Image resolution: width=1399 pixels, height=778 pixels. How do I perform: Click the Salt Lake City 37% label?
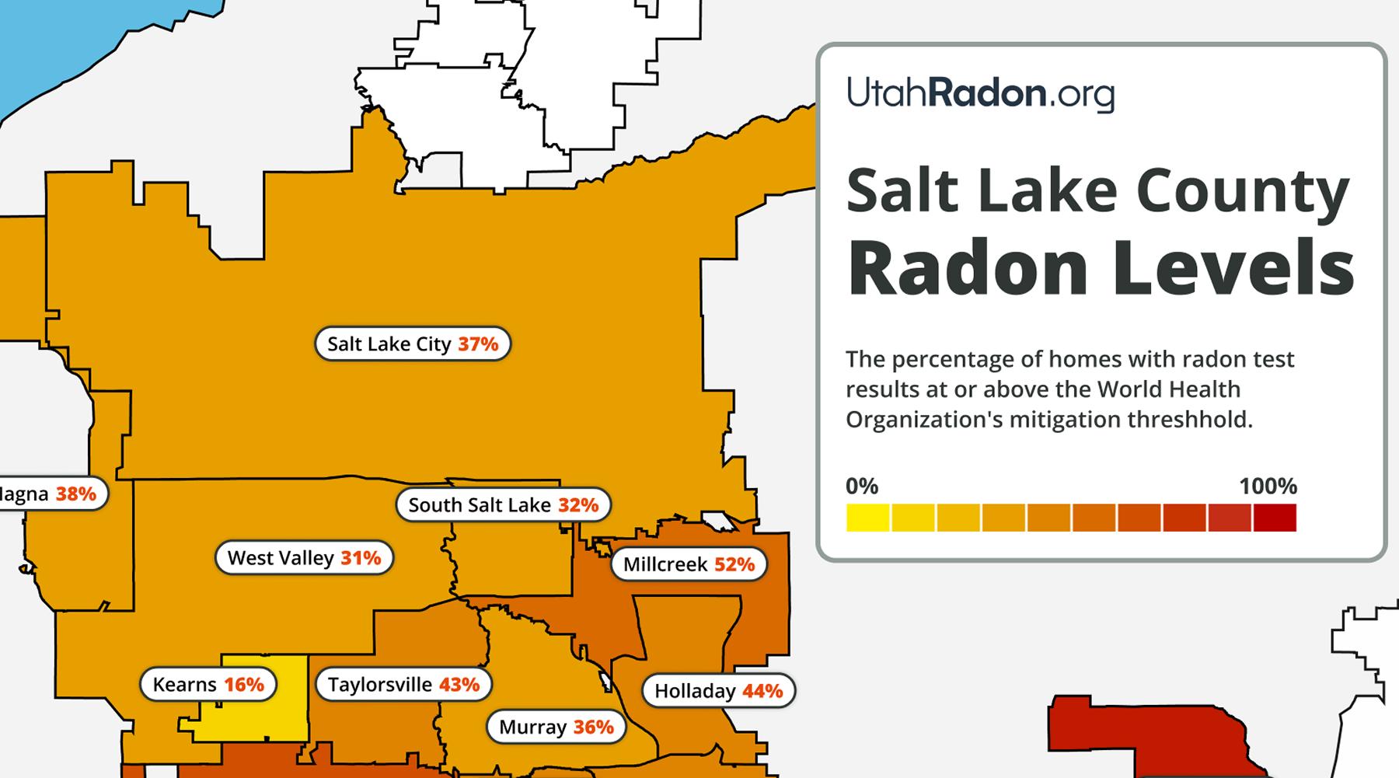[412, 344]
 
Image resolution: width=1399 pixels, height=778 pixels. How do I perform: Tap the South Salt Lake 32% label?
[503, 505]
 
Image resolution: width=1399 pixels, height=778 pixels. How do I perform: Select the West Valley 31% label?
[304, 558]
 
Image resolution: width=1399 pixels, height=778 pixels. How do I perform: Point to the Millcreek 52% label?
[689, 564]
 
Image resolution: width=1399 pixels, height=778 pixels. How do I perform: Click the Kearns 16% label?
[208, 685]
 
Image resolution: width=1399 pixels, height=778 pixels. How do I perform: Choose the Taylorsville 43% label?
[403, 685]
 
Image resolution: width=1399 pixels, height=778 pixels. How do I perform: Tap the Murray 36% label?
[556, 727]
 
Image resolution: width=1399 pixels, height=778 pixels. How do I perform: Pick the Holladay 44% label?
[718, 691]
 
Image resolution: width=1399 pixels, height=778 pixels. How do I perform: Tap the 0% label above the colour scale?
[861, 487]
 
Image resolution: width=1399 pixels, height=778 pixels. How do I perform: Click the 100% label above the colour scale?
[1268, 487]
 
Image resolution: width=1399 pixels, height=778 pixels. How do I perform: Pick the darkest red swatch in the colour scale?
[1275, 518]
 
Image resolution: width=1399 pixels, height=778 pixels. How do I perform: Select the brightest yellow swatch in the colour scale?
[867, 518]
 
